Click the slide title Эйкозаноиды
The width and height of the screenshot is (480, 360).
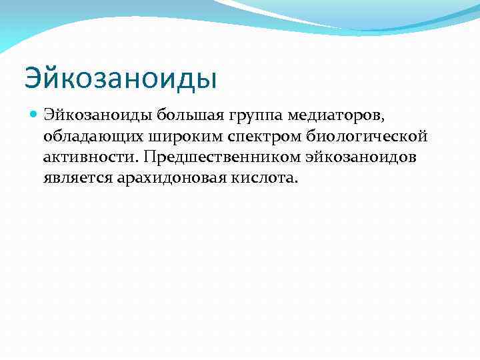point(121,78)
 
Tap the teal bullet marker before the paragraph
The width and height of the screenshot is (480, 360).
point(34,116)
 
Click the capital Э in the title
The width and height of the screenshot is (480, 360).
point(33,78)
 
